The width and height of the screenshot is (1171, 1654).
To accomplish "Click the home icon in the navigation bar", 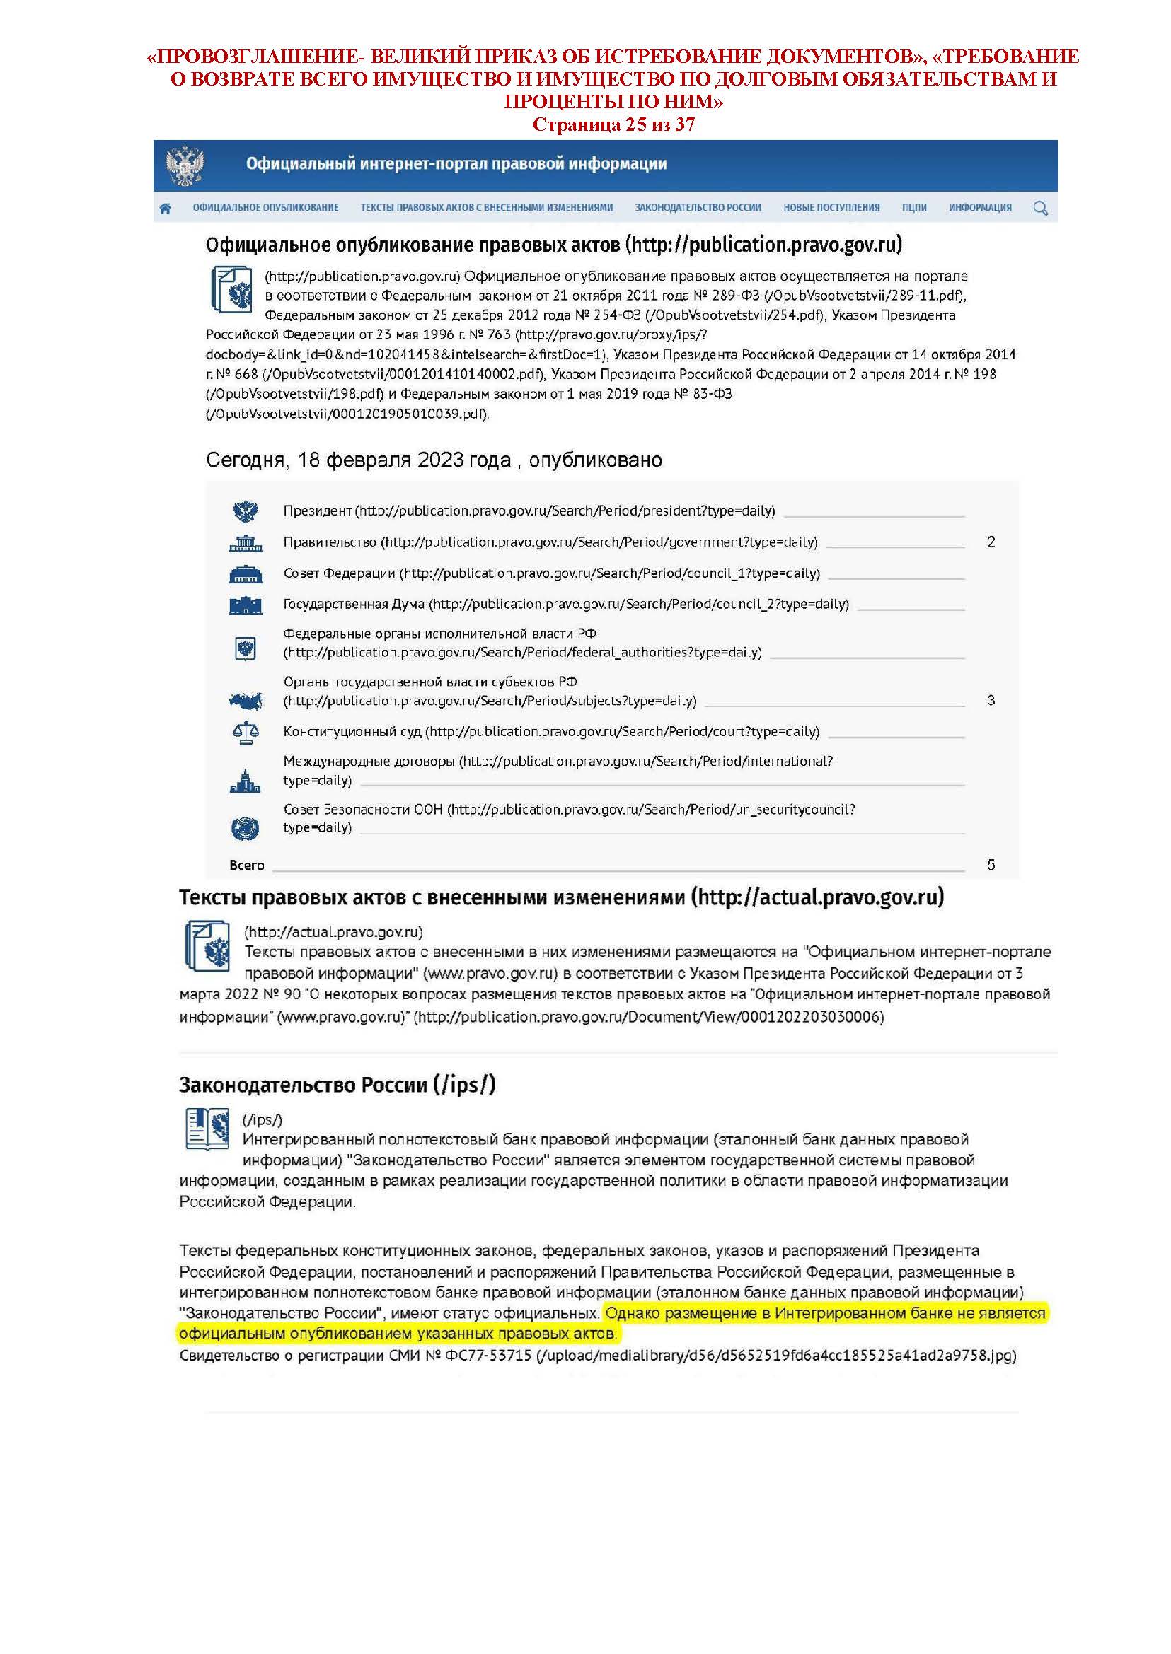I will click(x=165, y=209).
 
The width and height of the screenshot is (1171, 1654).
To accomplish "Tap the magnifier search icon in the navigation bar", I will click(x=1040, y=209).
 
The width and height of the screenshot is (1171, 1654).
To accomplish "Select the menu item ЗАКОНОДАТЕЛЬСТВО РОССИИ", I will click(x=697, y=208).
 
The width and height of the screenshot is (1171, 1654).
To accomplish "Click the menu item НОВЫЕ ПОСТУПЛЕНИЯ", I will click(x=831, y=208).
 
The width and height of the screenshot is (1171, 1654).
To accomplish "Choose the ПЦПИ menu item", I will click(x=913, y=208).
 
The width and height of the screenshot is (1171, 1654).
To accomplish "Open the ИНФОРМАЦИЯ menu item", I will click(x=979, y=208).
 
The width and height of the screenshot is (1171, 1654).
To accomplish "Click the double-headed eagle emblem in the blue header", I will click(x=185, y=165).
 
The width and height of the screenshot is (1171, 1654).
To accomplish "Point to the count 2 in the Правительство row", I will click(x=991, y=542).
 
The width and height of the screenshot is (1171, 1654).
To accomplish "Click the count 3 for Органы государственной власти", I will click(x=991, y=700).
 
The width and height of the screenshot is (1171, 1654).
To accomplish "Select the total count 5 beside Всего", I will click(x=991, y=865).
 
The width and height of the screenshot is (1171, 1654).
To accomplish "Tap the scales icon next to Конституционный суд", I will click(x=245, y=733).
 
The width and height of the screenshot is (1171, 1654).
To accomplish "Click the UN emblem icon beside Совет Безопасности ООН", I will click(x=245, y=829).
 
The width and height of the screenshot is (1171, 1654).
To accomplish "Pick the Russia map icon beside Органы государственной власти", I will click(x=245, y=700).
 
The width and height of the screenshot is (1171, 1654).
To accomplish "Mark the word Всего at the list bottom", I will click(x=247, y=866).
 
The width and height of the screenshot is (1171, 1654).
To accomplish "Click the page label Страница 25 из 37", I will click(x=613, y=124).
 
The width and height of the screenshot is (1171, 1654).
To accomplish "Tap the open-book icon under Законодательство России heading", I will click(x=207, y=1129).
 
